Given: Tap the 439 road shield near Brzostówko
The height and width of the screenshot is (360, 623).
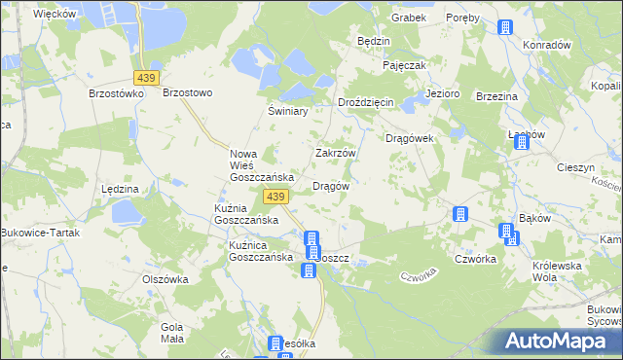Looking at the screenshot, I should coord(147,77).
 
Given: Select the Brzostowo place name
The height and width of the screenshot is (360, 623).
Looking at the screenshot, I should coord(187,92).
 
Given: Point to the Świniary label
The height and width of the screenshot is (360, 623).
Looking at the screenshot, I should coord(288,111).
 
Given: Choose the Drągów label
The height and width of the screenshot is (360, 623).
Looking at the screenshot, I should coord(330,185).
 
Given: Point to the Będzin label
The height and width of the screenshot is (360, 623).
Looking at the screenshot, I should coord(374,42).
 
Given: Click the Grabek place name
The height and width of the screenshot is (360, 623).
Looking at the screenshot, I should coord(409,18).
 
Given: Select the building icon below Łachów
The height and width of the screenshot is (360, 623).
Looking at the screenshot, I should coord(521,142).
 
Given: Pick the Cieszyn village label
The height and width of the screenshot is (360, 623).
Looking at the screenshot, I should coord(576,167).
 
